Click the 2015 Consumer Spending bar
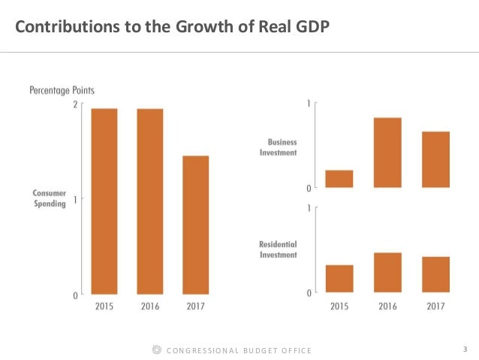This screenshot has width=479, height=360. tap(104, 201)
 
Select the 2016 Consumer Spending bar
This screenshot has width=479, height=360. tap(150, 201)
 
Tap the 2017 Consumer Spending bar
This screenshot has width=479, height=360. tap(195, 225)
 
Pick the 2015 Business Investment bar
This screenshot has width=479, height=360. tap(339, 179)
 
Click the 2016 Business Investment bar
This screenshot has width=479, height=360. tap(387, 153)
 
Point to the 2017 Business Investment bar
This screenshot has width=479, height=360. tap(435, 159)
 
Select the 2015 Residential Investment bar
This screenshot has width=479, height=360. tap(339, 278)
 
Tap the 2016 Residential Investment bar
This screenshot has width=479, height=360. tap(387, 272)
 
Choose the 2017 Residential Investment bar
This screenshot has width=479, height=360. tap(435, 274)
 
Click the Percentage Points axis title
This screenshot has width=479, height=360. tap(62, 90)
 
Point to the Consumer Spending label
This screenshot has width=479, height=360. tap(50, 198)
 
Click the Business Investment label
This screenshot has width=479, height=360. tap(278, 147)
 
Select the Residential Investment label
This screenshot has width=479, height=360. tap(278, 250)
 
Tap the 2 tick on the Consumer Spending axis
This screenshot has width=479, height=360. tap(74, 104)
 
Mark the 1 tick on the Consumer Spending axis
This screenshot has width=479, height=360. tap(74, 199)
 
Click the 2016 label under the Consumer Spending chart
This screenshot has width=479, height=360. tap(150, 307)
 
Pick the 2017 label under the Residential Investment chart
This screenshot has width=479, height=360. tap(435, 306)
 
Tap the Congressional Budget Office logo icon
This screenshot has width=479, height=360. tap(155, 349)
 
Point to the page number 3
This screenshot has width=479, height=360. tap(465, 349)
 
